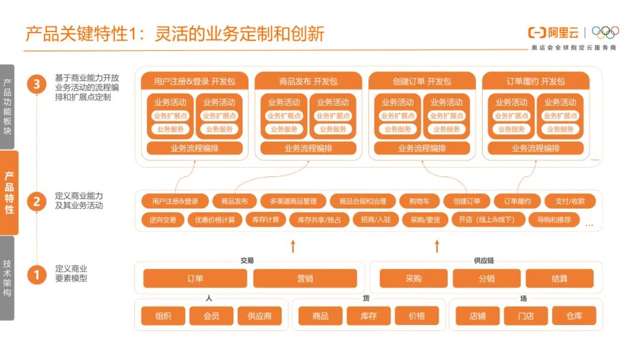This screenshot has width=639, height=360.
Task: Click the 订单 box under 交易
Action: (195, 278)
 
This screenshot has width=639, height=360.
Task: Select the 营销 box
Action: (305, 278)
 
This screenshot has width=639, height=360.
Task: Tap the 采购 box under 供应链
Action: (413, 278)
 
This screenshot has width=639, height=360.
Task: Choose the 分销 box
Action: (486, 278)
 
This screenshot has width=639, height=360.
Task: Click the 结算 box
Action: (559, 278)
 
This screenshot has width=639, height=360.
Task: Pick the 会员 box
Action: (211, 316)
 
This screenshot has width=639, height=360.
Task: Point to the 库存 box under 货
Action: (369, 316)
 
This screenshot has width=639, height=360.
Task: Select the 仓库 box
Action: (573, 316)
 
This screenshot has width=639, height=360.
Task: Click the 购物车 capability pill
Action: (419, 201)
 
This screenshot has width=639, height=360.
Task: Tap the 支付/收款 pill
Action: (570, 201)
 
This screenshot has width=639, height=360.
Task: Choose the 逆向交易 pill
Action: (162, 220)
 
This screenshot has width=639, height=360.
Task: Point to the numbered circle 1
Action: (37, 274)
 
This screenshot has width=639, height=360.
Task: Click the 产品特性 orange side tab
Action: (9, 192)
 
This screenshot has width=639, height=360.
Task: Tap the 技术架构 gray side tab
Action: (7, 278)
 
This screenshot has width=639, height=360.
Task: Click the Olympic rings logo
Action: (605, 32)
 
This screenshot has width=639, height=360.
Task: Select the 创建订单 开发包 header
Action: (421, 81)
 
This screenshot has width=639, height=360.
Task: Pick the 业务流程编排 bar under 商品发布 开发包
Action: (308, 148)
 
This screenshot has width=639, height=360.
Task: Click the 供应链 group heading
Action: (483, 260)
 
